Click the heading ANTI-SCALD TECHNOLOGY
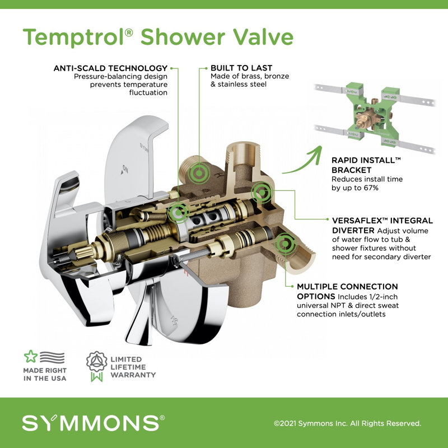(110, 68)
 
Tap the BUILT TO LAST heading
(234, 68)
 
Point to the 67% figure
(369, 188)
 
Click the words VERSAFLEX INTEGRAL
(374, 221)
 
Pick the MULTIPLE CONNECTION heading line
(347, 287)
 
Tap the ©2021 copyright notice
(347, 423)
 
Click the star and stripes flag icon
(44, 358)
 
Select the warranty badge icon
(96, 366)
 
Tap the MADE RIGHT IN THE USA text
(45, 375)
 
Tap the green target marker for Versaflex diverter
(260, 193)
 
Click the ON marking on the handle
(125, 167)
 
